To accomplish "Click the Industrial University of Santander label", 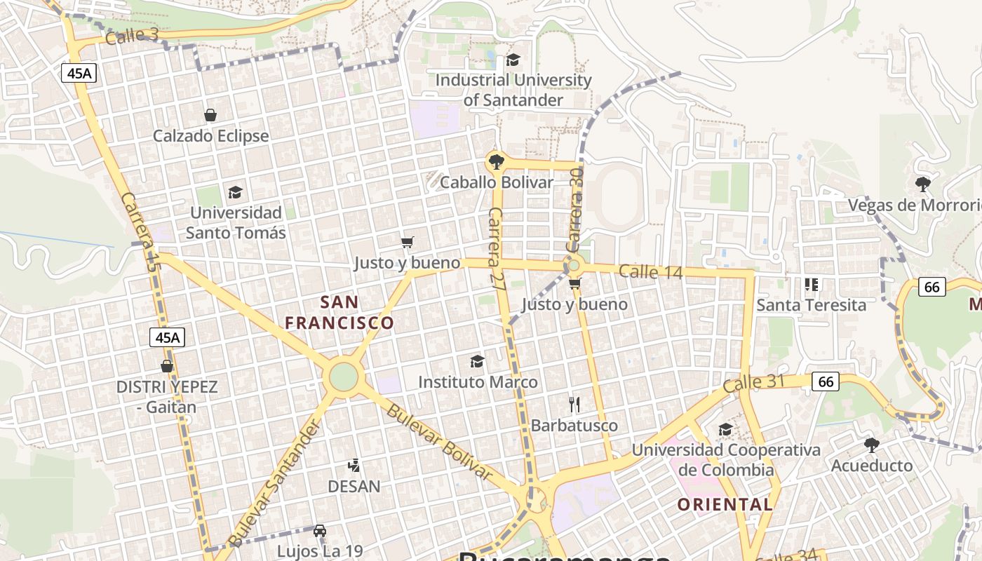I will coord(513,90).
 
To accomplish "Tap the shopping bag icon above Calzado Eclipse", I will coord(210,115).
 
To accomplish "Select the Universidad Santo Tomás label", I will coord(236,222).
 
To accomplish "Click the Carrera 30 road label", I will coord(575,210).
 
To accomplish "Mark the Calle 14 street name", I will coord(650,271).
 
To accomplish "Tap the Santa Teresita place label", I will coord(811,305).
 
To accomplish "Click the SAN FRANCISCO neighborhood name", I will coord(339,313).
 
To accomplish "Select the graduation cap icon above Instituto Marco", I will coord(477,361).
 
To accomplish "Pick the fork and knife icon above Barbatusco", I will coord(574,405).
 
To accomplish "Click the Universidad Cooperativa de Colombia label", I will coord(726,459).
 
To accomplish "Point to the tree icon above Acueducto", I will coord(871,445).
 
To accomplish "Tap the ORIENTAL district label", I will coord(725,504).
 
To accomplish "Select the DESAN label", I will coord(354,486).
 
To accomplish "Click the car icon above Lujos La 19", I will coord(319,531).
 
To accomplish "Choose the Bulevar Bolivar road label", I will coord(438,442).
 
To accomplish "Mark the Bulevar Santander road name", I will coord(275,484).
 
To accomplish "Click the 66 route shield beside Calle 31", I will coord(826,381).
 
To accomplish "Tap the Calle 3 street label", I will coord(132,36).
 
